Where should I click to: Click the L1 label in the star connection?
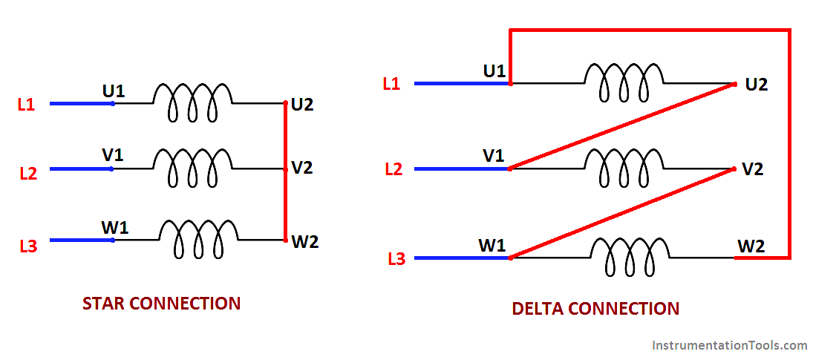27,105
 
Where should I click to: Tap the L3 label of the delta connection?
396,259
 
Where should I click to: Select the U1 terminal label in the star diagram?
113,91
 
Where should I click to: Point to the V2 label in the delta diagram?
752,169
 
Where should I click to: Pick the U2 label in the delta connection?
757,85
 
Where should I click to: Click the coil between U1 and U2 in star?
192,102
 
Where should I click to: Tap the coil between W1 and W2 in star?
198,239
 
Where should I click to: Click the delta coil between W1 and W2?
630,257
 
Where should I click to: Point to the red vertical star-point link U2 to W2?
285,171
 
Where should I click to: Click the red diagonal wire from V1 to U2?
622,126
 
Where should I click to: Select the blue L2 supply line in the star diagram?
81,168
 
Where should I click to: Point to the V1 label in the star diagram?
113,154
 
